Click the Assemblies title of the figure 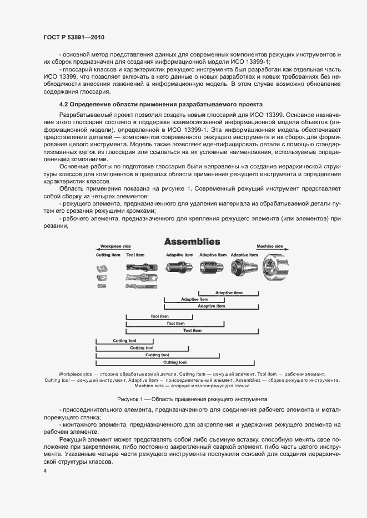coord(192,242)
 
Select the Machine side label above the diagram coord(269,246)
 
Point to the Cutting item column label coord(108,255)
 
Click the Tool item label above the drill coord(135,255)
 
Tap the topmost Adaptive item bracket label coord(229,293)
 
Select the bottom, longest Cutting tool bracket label coord(175,362)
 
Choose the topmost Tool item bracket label coord(159,316)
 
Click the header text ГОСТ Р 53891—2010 coord(74,37)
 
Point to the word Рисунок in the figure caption coord(129,399)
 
